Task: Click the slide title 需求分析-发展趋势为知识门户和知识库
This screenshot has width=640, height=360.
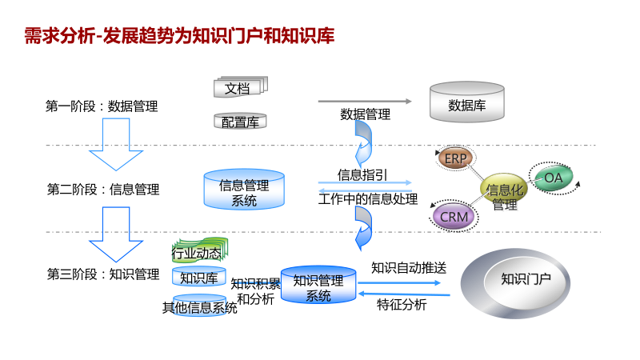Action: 179,35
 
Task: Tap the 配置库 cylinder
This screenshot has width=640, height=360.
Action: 239,122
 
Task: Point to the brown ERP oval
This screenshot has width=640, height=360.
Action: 456,158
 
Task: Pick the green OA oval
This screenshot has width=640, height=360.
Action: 554,178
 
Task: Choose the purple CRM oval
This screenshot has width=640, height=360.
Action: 454,216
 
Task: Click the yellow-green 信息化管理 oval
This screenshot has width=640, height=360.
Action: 505,192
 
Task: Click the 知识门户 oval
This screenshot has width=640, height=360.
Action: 526,279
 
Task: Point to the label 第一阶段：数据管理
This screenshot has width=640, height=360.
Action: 102,106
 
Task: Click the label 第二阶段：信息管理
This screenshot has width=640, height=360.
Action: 102,190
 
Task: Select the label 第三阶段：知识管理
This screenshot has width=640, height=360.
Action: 102,274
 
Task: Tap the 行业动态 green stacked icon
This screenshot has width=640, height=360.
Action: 197,253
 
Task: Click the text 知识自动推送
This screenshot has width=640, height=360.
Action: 408,267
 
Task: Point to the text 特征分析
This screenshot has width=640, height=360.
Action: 402,304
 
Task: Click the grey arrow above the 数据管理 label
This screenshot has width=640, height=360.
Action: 365,102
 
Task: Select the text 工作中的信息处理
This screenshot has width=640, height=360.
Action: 368,199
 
